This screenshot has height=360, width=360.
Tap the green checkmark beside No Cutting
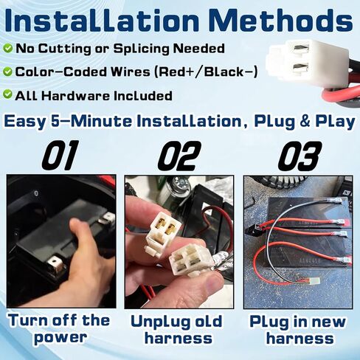point(7,49)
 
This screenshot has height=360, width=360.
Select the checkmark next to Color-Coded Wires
point(7,72)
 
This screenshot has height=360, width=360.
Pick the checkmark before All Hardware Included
point(7,95)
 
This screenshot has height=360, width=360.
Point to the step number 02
point(179,156)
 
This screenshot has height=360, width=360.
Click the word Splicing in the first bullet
point(137,49)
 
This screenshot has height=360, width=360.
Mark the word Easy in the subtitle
point(28,121)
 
